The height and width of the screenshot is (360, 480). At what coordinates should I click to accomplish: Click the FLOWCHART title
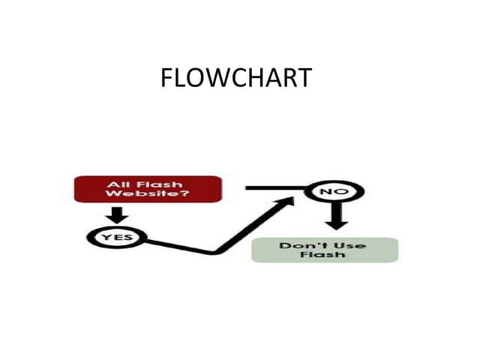(x=235, y=78)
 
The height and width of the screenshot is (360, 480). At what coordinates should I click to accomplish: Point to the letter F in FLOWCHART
(x=166, y=78)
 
